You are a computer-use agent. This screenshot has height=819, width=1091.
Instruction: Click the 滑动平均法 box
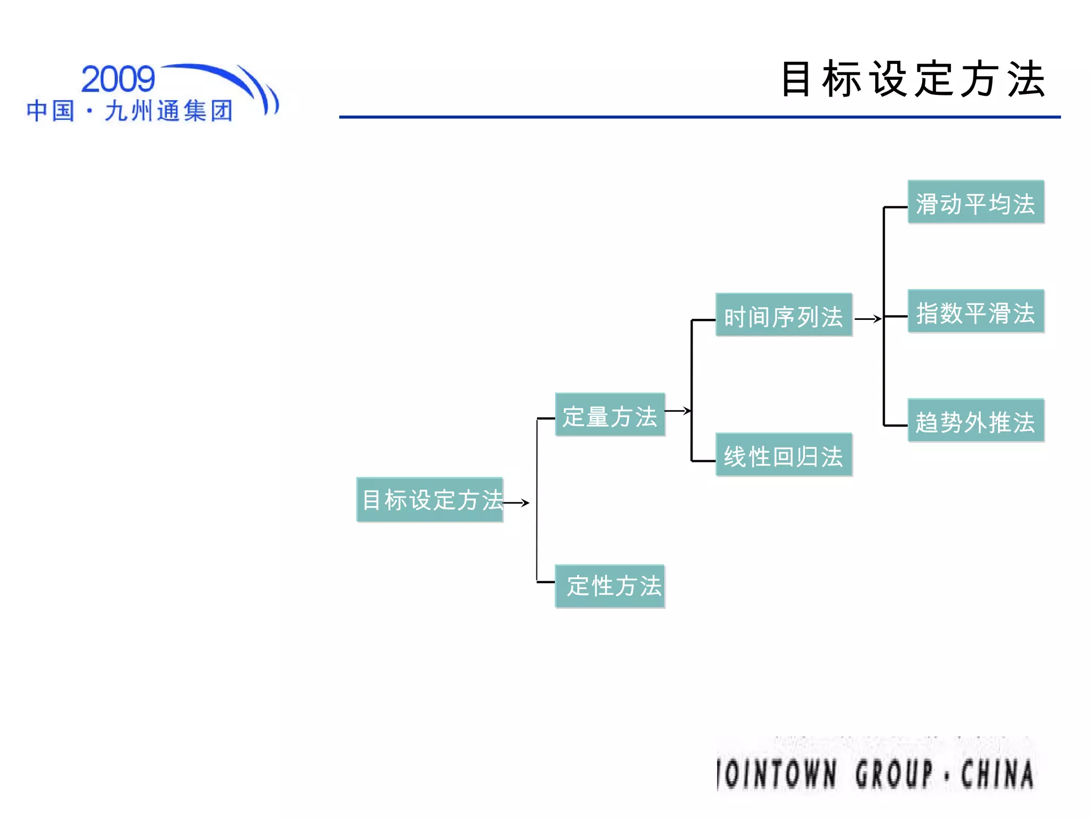[x=975, y=202]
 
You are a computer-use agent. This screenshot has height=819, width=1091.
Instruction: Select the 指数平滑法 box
[x=975, y=311]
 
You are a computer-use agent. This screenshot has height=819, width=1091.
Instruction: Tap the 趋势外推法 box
[x=975, y=421]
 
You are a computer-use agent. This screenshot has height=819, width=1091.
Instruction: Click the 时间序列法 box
[x=783, y=315]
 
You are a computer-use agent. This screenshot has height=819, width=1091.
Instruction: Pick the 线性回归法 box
[x=783, y=455]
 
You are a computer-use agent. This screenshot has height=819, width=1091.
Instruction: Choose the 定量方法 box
[x=609, y=415]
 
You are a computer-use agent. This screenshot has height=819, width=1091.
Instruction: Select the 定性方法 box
[x=609, y=586]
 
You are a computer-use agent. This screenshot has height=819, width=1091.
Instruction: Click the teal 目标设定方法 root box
[x=429, y=500]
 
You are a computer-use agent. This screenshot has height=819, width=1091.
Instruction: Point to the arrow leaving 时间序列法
[x=868, y=319]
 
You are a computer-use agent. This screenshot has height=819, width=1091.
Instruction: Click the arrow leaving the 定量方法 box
[x=678, y=411]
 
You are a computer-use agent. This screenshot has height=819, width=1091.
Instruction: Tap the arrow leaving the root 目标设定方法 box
[x=516, y=503]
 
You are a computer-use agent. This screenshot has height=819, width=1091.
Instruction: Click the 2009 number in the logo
[x=118, y=79]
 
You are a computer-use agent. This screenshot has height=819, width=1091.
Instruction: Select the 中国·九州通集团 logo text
[x=129, y=111]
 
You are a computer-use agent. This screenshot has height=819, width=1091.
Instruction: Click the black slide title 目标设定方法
[x=913, y=79]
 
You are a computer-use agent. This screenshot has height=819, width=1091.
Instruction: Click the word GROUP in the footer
[x=894, y=774]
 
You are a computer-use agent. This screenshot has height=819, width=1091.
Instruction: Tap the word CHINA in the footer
[x=997, y=774]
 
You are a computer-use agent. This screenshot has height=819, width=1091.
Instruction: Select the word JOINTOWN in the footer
[x=777, y=774]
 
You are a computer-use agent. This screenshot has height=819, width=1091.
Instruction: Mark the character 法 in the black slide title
[x=1025, y=79]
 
